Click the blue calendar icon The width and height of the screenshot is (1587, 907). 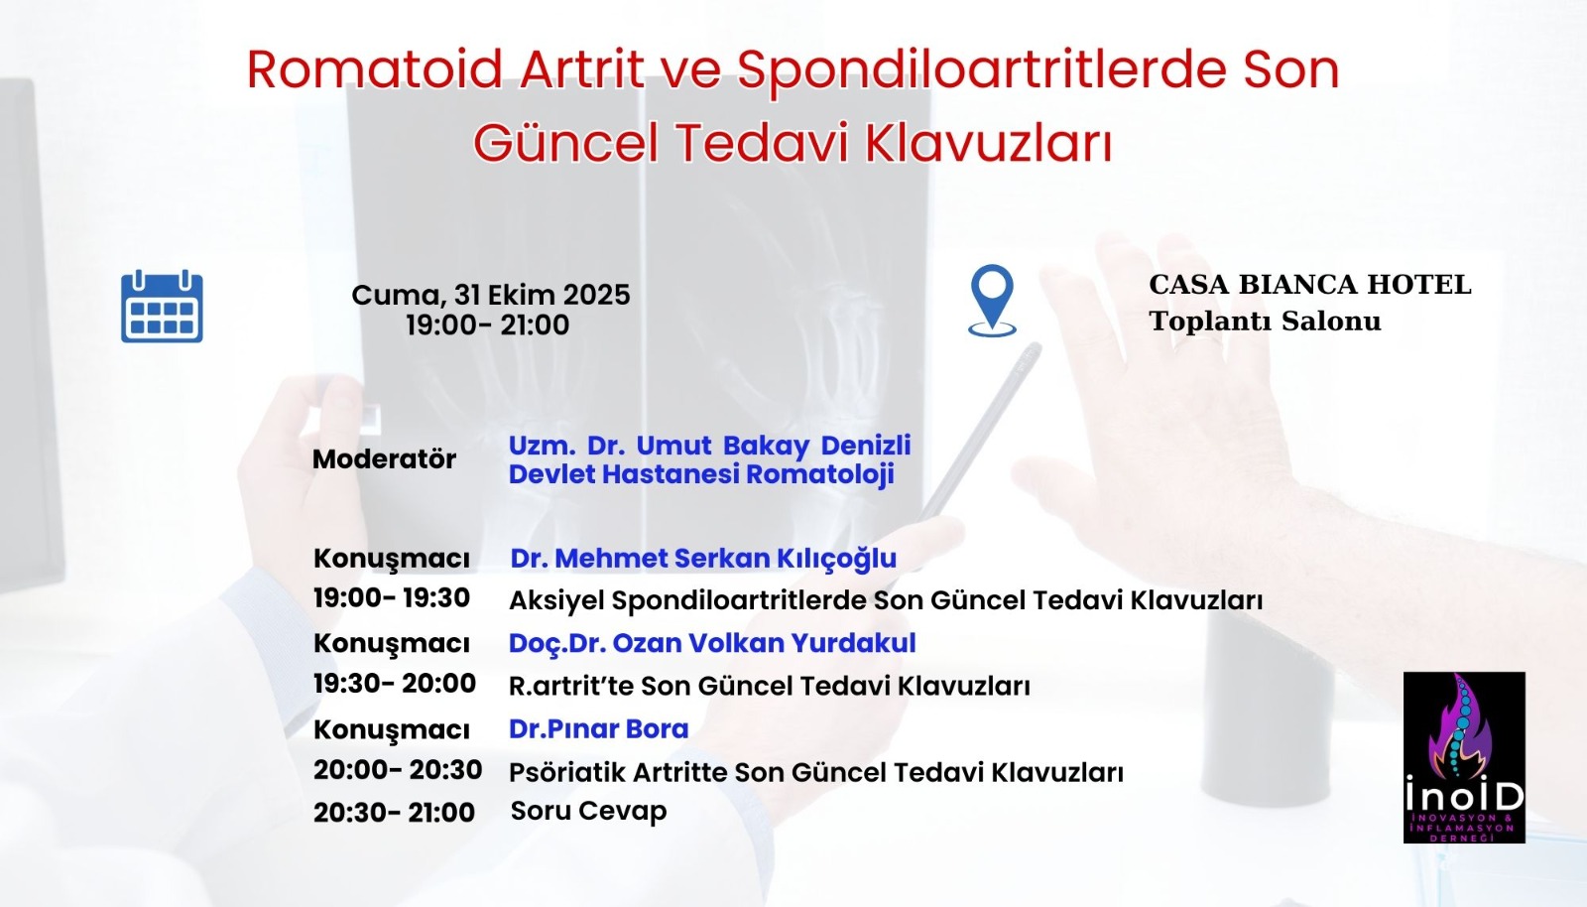click(162, 307)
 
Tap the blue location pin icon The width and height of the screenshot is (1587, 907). click(992, 299)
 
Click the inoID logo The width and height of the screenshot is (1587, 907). click(1464, 757)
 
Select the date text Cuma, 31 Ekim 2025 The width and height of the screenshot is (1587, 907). click(490, 295)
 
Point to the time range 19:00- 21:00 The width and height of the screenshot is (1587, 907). click(487, 325)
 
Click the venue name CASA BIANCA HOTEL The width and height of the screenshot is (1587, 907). click(1309, 285)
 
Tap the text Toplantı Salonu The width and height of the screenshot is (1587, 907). click(1265, 322)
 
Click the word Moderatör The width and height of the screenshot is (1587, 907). click(384, 459)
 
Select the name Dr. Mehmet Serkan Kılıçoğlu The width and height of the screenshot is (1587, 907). click(703, 559)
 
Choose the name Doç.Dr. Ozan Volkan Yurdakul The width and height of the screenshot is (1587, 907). click(712, 643)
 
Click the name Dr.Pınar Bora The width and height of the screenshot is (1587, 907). click(598, 729)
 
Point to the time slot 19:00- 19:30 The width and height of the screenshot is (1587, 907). click(392, 598)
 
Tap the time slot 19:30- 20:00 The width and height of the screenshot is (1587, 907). click(395, 684)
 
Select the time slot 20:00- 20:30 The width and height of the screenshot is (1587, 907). click(398, 770)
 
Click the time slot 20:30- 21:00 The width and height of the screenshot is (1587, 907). click(394, 813)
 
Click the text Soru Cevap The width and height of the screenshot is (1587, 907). click(588, 812)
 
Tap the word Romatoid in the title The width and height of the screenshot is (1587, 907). click(375, 69)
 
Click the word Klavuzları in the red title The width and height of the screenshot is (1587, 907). click(989, 143)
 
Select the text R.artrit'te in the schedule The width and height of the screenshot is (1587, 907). click(570, 686)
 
